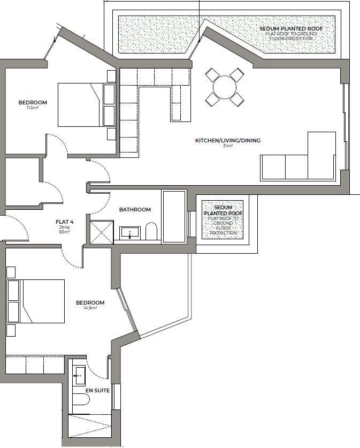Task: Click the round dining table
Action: click(x=224, y=86)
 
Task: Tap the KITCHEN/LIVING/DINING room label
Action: click(x=227, y=141)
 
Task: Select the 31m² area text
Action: click(x=227, y=146)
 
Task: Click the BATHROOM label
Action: click(x=135, y=210)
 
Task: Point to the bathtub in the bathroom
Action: click(x=174, y=216)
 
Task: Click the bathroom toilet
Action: click(x=151, y=232)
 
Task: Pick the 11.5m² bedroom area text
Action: click(x=33, y=108)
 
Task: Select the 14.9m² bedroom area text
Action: click(x=90, y=308)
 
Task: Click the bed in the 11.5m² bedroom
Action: click(x=80, y=104)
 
